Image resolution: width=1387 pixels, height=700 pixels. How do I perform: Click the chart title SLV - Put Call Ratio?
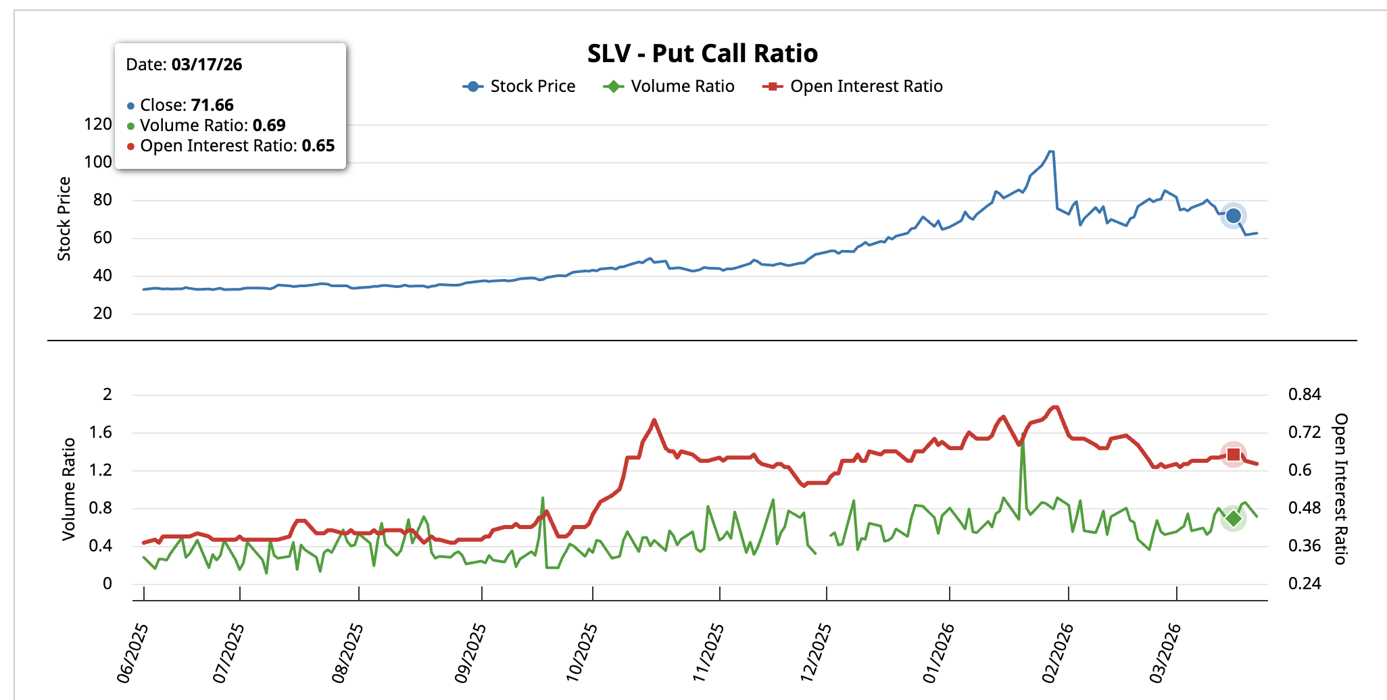pyautogui.click(x=702, y=53)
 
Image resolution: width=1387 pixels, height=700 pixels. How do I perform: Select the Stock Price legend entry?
pyautogui.click(x=519, y=86)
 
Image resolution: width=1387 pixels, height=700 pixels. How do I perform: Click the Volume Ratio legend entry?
pyautogui.click(x=669, y=86)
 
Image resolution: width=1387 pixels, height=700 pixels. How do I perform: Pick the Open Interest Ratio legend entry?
pyautogui.click(x=853, y=86)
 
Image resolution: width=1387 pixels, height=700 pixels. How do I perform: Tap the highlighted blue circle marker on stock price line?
pyautogui.click(x=1233, y=216)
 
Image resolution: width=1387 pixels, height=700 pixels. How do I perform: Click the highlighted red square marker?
pyautogui.click(x=1233, y=455)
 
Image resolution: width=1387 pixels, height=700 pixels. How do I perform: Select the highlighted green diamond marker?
pyautogui.click(x=1234, y=518)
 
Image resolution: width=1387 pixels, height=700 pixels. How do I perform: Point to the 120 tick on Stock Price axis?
pyautogui.click(x=98, y=124)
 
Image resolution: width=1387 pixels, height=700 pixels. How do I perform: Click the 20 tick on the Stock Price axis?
pyautogui.click(x=103, y=314)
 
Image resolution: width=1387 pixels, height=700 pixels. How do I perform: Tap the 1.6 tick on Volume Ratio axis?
pyautogui.click(x=101, y=432)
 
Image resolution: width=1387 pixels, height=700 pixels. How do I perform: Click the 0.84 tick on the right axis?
pyautogui.click(x=1305, y=395)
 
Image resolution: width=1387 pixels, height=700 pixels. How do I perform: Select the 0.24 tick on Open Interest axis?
pyautogui.click(x=1305, y=584)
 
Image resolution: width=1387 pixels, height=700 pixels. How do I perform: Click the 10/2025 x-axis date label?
pyautogui.click(x=581, y=653)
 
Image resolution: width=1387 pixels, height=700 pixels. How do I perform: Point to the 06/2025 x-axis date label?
pyautogui.click(x=132, y=654)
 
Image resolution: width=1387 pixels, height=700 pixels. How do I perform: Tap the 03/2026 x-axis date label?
pyautogui.click(x=1165, y=653)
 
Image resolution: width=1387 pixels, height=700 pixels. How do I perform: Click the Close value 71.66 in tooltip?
pyautogui.click(x=212, y=105)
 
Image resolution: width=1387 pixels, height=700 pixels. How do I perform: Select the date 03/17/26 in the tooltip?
pyautogui.click(x=207, y=65)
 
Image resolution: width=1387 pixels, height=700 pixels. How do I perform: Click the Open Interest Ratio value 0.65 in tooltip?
pyautogui.click(x=318, y=146)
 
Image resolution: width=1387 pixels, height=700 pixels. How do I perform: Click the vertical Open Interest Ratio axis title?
pyautogui.click(x=1340, y=489)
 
